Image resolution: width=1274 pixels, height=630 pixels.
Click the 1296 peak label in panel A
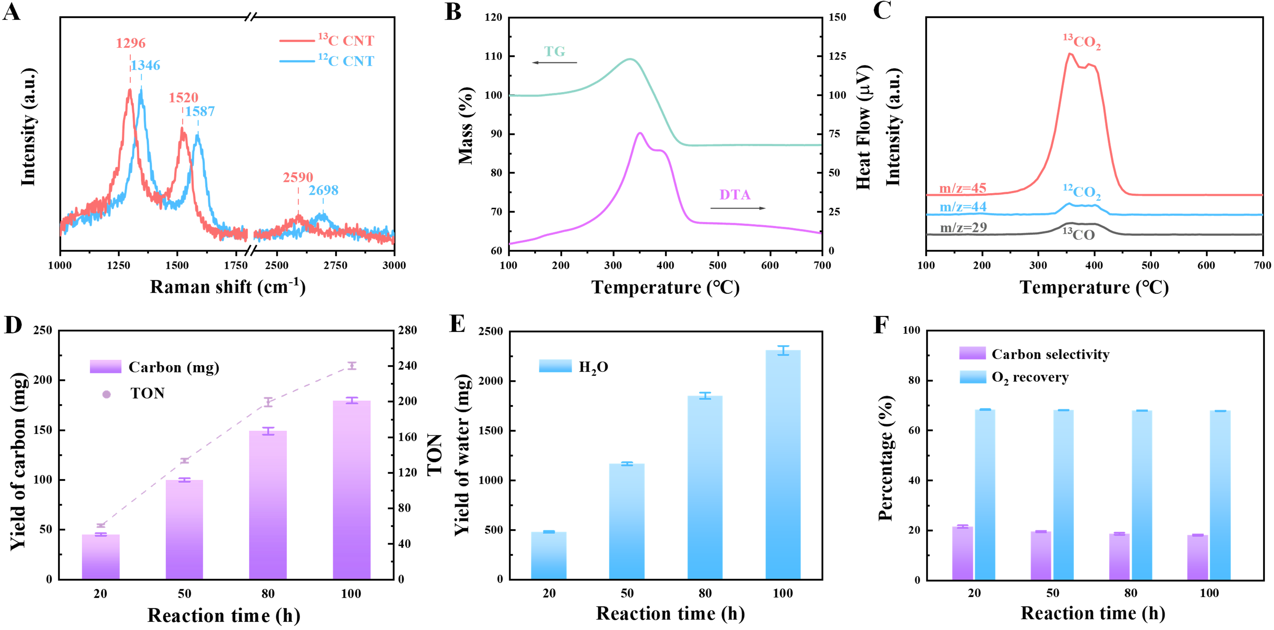click(x=131, y=43)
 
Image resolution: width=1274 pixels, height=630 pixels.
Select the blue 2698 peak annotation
click(x=324, y=190)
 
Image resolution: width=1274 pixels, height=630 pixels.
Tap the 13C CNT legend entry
click(x=346, y=40)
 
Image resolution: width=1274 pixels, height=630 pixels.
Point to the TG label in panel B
click(x=555, y=51)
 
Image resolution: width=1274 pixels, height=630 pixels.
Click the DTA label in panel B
click(x=735, y=195)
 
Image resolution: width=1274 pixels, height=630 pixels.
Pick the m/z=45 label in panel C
click(x=962, y=188)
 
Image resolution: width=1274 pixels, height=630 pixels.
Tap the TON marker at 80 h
click(x=268, y=402)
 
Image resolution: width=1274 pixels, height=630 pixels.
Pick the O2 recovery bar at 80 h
click(x=1142, y=495)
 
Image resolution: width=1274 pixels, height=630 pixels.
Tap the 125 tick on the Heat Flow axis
click(x=837, y=56)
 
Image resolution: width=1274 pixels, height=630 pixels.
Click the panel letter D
click(x=13, y=325)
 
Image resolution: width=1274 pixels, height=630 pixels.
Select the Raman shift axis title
click(x=227, y=287)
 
